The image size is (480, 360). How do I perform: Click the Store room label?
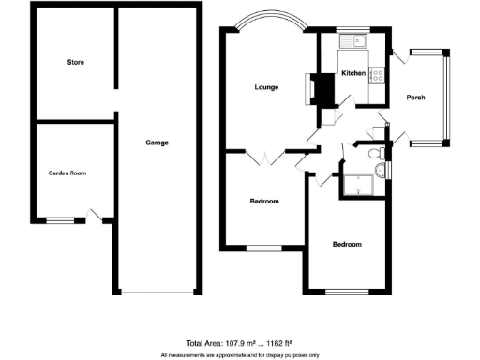(x=76, y=63)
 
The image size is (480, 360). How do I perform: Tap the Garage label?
(x=157, y=142)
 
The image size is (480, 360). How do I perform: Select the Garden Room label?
(x=67, y=172)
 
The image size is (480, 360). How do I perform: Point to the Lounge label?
(x=266, y=87)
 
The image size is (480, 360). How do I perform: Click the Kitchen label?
(x=352, y=73)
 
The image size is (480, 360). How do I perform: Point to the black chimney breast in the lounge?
(x=323, y=90)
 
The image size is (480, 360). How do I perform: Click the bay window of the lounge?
(x=270, y=22)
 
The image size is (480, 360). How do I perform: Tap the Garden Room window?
(x=61, y=220)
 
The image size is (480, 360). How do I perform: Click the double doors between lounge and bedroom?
(x=267, y=157)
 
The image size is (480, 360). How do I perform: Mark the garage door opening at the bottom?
(x=157, y=292)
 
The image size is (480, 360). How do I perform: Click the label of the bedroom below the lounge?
(x=264, y=202)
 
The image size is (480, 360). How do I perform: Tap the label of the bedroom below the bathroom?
(x=347, y=245)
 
